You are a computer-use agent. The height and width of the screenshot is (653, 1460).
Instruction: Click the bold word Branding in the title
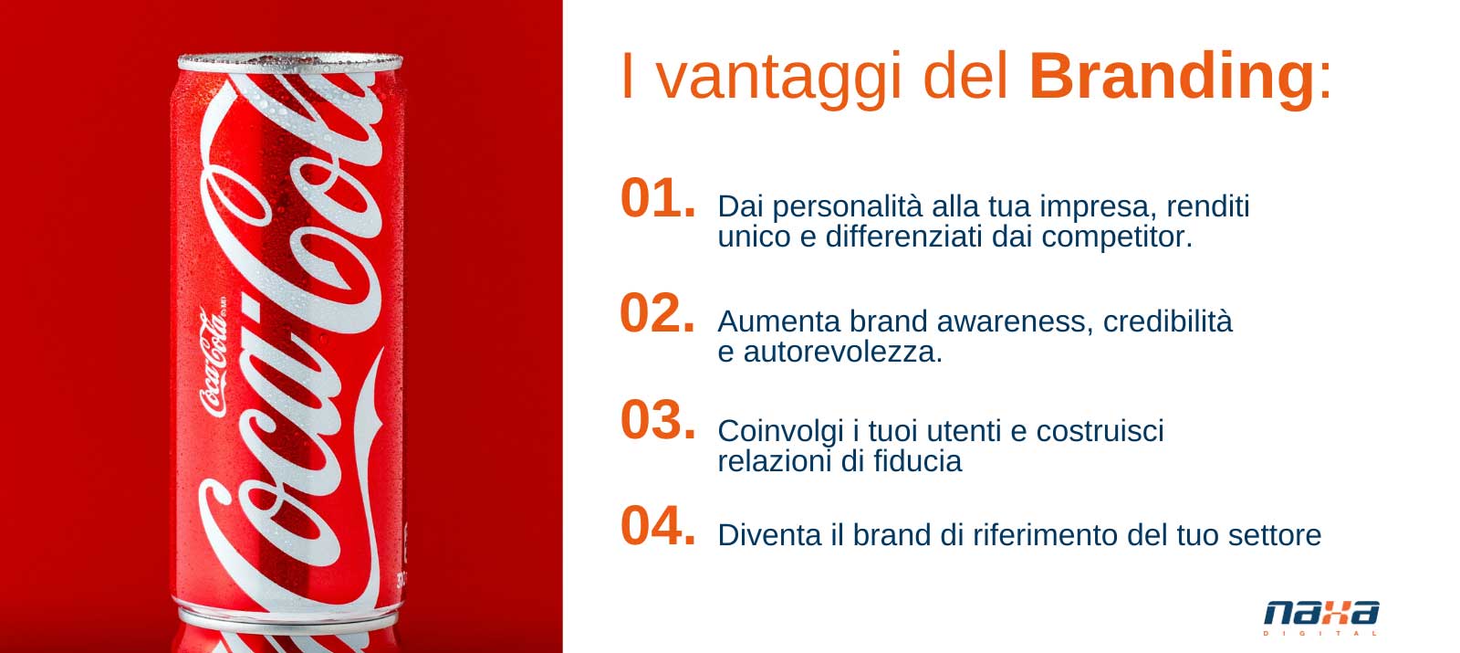1172,79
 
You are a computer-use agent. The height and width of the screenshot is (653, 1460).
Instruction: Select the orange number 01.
658,198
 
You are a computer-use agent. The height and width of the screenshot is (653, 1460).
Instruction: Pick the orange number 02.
658,313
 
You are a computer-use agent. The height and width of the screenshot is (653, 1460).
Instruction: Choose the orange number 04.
658,526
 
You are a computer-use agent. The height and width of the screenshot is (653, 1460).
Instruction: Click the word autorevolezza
842,353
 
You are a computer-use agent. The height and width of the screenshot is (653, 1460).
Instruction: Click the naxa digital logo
1321,616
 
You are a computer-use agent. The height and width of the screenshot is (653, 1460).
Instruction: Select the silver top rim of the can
290,63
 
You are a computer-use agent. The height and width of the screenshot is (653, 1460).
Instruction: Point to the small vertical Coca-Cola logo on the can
214,361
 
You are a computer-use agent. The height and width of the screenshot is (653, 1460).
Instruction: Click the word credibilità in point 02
1167,321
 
